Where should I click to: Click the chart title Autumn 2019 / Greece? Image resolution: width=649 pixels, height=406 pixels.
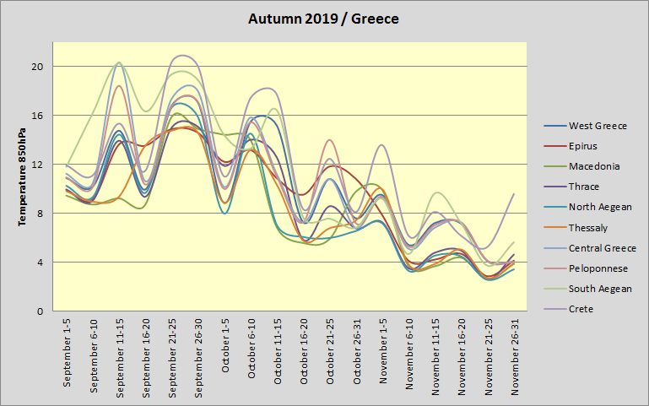pos(324,18)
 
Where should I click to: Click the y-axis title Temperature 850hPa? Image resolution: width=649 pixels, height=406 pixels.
pos(24,177)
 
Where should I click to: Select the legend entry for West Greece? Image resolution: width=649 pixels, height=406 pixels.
pos(598,126)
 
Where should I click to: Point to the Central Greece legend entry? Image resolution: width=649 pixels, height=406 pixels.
pos(602,248)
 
